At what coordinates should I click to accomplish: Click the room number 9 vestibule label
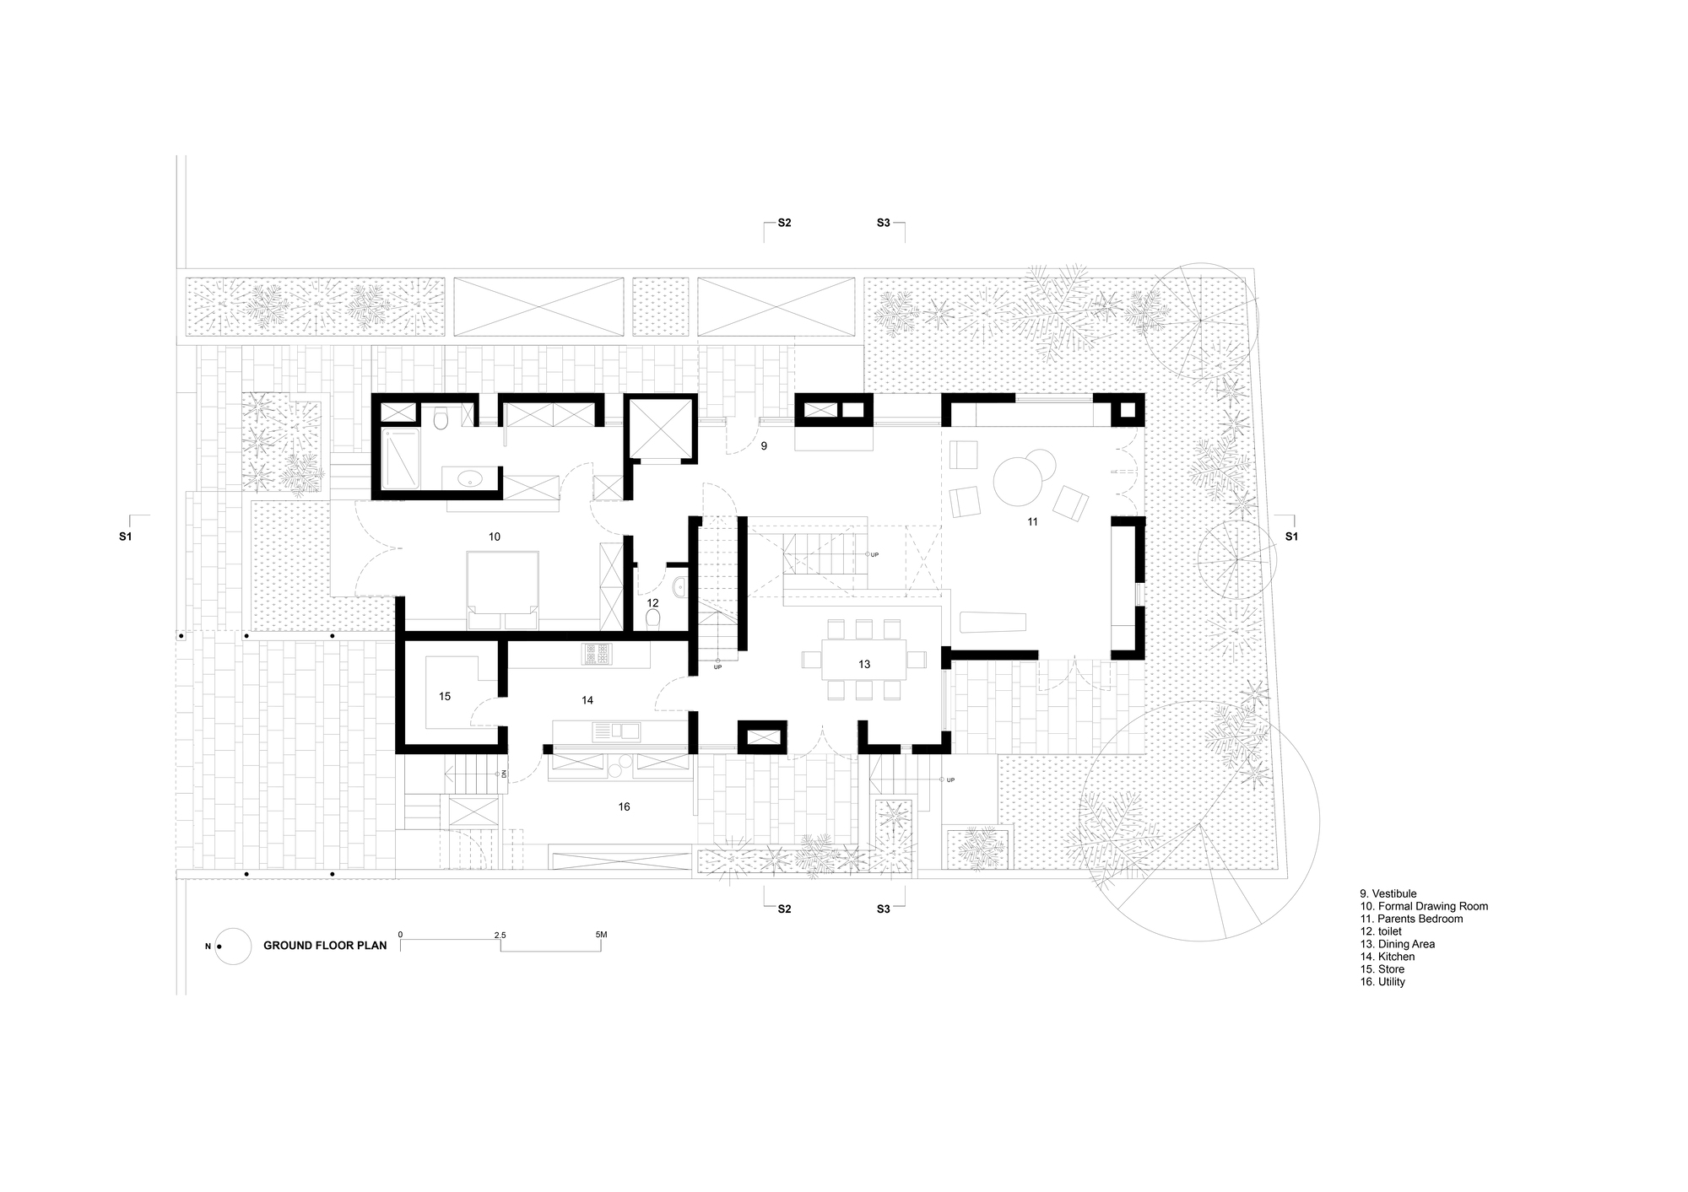[x=764, y=445]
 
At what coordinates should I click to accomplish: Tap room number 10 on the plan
[x=495, y=537]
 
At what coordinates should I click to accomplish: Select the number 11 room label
[x=1032, y=522]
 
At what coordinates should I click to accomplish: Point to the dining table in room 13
[x=863, y=664]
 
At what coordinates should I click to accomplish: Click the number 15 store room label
[x=445, y=696]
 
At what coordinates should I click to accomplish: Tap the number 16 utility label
[x=624, y=806]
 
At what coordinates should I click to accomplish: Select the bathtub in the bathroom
[x=400, y=458]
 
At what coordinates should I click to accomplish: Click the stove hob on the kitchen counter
[x=596, y=654]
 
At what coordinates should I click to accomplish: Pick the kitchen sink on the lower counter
[x=616, y=731]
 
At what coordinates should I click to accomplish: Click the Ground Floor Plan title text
[x=325, y=946]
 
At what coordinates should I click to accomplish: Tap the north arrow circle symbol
[x=233, y=946]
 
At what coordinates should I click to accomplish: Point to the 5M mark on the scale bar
[x=601, y=935]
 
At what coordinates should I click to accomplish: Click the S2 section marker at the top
[x=784, y=223]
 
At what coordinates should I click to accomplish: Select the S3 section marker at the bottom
[x=883, y=909]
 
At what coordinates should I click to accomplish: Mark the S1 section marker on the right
[x=1291, y=537]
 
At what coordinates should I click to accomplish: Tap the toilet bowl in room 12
[x=652, y=621]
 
